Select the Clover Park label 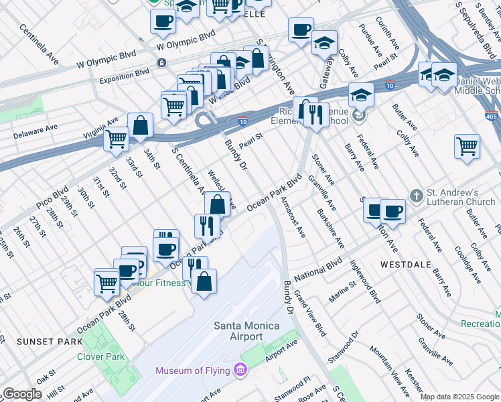pyautogui.click(x=100, y=356)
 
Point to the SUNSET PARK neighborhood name pyautogui.click(x=42, y=341)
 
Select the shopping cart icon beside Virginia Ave pyautogui.click(x=117, y=139)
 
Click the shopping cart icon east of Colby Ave pyautogui.click(x=467, y=146)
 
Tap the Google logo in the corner pyautogui.click(x=22, y=394)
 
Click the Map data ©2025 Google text pyautogui.click(x=459, y=397)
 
